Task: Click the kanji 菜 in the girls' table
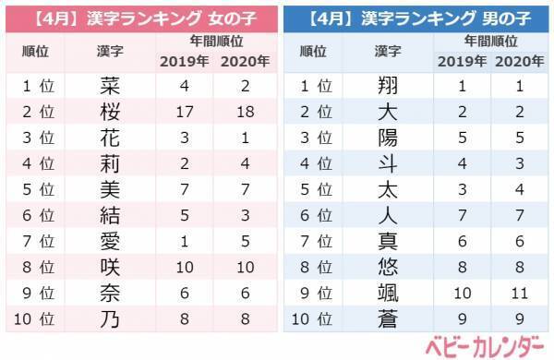point(108,87)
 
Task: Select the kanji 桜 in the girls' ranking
point(108,113)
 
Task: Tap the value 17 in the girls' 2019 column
point(185,113)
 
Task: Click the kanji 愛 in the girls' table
point(108,242)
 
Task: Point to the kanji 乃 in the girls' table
point(108,319)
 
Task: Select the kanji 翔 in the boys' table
point(388,87)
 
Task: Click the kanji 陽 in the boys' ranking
point(388,138)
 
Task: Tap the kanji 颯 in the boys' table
point(388,294)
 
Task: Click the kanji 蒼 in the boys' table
point(388,319)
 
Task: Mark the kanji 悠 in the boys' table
point(388,268)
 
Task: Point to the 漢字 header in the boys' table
point(388,50)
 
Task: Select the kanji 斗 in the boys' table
point(388,164)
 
